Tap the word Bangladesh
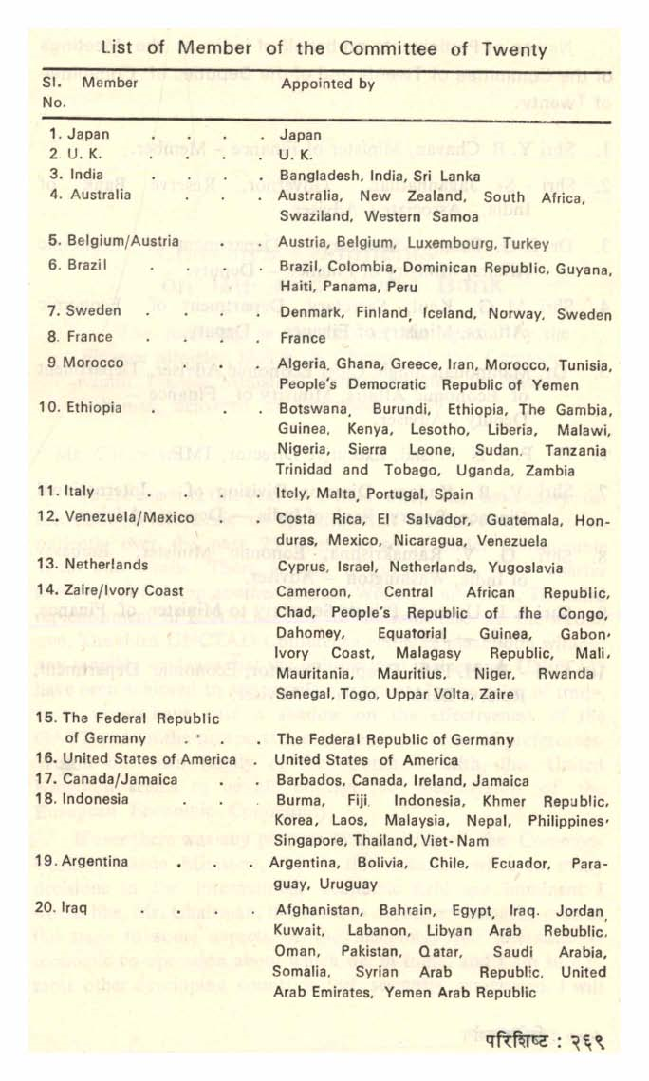coord(320,176)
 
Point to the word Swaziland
coord(311,216)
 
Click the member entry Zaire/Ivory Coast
coord(123,588)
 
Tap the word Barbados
coord(307,781)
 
